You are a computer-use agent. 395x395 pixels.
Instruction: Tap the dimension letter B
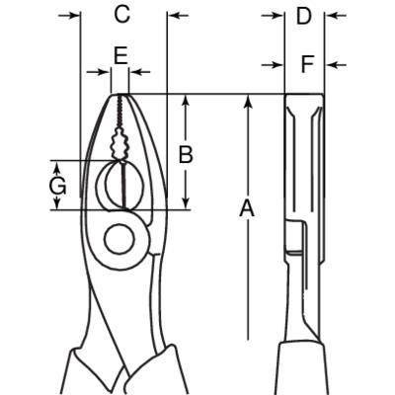(186, 154)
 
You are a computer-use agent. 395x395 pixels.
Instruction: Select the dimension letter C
(122, 14)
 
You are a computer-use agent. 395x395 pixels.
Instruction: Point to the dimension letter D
(303, 16)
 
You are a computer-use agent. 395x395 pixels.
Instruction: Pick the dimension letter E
(120, 55)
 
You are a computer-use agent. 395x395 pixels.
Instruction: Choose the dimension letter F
(307, 64)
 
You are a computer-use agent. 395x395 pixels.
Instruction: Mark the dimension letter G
(58, 187)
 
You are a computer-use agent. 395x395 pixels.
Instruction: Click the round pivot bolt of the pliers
(119, 240)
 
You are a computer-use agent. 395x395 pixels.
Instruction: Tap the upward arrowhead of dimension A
(249, 101)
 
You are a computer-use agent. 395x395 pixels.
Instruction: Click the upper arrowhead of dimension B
(186, 101)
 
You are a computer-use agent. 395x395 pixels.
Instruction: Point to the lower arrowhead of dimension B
(186, 202)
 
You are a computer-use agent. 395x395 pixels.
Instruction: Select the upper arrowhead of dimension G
(57, 168)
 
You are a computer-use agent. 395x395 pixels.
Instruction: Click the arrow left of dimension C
(69, 15)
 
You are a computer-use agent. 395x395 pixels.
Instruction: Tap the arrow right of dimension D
(336, 15)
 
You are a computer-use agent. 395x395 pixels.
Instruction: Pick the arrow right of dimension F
(336, 65)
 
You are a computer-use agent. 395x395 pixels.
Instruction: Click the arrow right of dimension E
(140, 71)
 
